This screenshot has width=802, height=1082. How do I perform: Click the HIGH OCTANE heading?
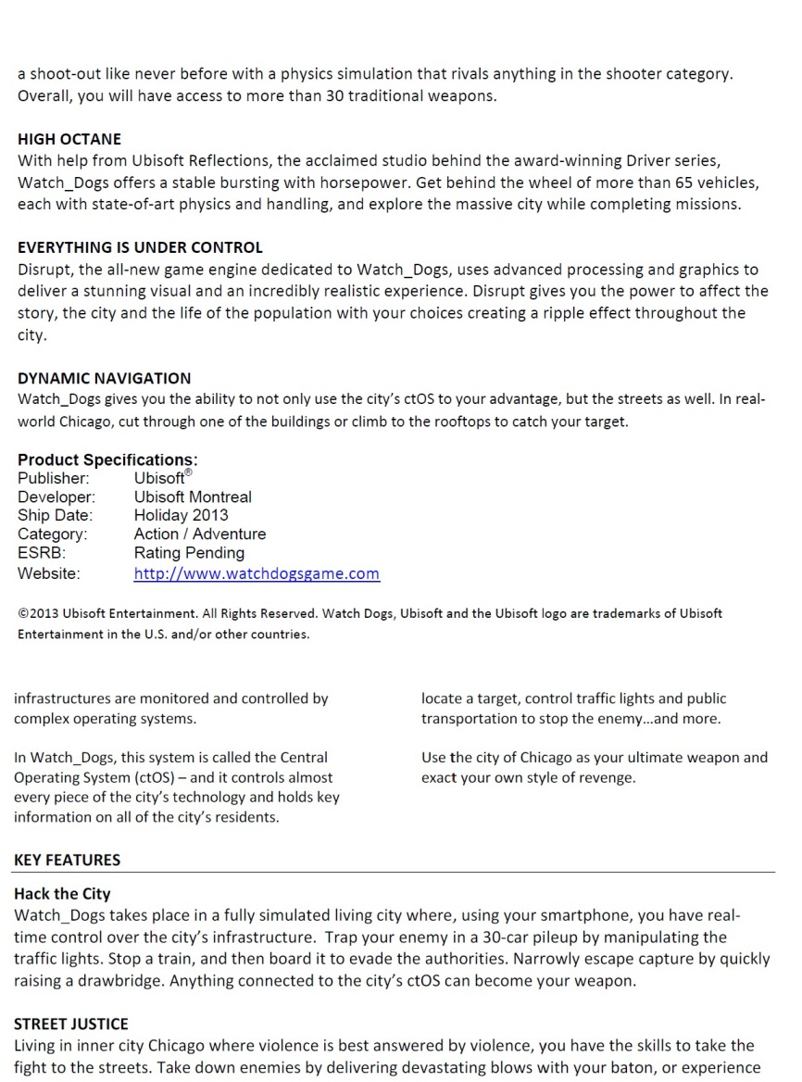[69, 139]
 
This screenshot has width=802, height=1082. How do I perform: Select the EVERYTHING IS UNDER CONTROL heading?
[140, 247]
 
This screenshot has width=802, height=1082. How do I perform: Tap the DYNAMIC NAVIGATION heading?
[104, 378]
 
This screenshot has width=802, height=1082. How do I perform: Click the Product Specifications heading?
[107, 459]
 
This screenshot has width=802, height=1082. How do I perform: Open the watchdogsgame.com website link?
[257, 573]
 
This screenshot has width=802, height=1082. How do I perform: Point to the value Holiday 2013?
[181, 515]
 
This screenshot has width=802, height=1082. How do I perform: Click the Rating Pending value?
[189, 553]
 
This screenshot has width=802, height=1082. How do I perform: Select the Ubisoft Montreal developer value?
[193, 497]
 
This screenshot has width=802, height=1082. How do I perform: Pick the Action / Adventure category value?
[199, 534]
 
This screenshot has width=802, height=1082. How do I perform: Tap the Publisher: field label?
[54, 478]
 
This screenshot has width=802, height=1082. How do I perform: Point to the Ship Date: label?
[55, 515]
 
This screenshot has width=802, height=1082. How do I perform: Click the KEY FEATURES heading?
[67, 860]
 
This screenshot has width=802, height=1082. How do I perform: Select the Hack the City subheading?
[62, 894]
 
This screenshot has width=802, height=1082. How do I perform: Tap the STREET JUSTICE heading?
[71, 1024]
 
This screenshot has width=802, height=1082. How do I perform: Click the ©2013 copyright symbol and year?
[40, 613]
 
